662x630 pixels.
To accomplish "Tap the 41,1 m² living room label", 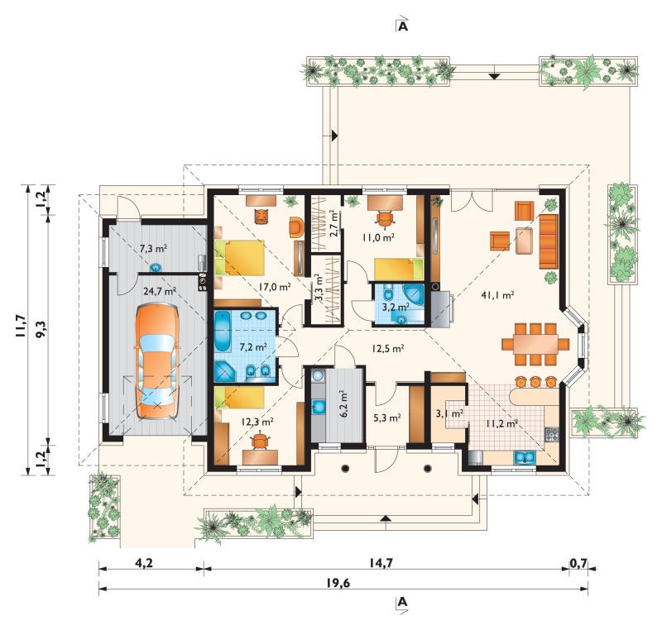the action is pyautogui.click(x=497, y=295).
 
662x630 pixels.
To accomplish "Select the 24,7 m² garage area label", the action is pyautogui.click(x=159, y=291).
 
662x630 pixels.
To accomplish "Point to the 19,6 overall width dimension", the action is pyautogui.click(x=338, y=583).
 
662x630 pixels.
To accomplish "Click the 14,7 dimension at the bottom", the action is pyautogui.click(x=381, y=563).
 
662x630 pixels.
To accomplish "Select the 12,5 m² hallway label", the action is pyautogui.click(x=388, y=349).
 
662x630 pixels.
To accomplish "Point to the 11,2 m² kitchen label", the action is pyautogui.click(x=502, y=424).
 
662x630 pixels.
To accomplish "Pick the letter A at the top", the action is pyautogui.click(x=403, y=26).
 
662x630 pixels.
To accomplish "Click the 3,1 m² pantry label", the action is pyautogui.click(x=450, y=413).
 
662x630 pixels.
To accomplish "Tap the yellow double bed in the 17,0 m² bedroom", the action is pyautogui.click(x=240, y=258).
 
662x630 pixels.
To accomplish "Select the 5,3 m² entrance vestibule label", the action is pyautogui.click(x=387, y=418).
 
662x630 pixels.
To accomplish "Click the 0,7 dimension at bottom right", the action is pyautogui.click(x=578, y=563).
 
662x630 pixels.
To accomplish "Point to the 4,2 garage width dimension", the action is pyautogui.click(x=143, y=563).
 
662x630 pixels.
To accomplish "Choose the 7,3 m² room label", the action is pyautogui.click(x=153, y=249).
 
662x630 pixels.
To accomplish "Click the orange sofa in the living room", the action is pyautogui.click(x=549, y=241).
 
